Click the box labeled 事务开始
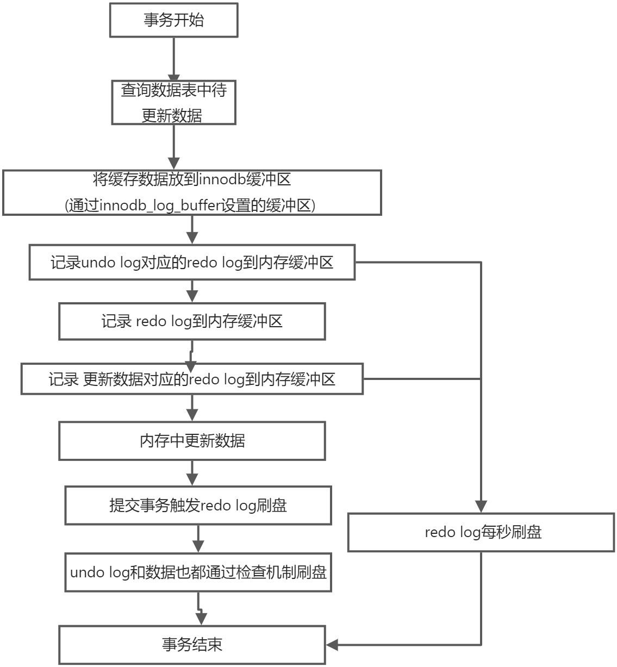173,20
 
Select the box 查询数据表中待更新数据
173,102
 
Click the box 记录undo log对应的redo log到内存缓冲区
192,263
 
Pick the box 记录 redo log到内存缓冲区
192,321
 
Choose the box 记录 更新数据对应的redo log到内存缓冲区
192,379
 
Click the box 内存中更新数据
192,440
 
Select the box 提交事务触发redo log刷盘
198,506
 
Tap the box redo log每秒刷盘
482,532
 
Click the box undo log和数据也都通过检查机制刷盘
198,572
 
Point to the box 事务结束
192,645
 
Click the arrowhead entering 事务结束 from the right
332,645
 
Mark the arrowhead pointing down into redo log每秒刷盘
481,506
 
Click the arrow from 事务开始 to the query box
173,57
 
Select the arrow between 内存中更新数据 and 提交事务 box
192,472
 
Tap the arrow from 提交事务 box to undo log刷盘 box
198,538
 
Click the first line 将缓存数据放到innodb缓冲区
192,179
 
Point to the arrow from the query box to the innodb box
173,146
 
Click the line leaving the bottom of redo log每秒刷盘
481,598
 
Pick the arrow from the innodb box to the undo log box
192,229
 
